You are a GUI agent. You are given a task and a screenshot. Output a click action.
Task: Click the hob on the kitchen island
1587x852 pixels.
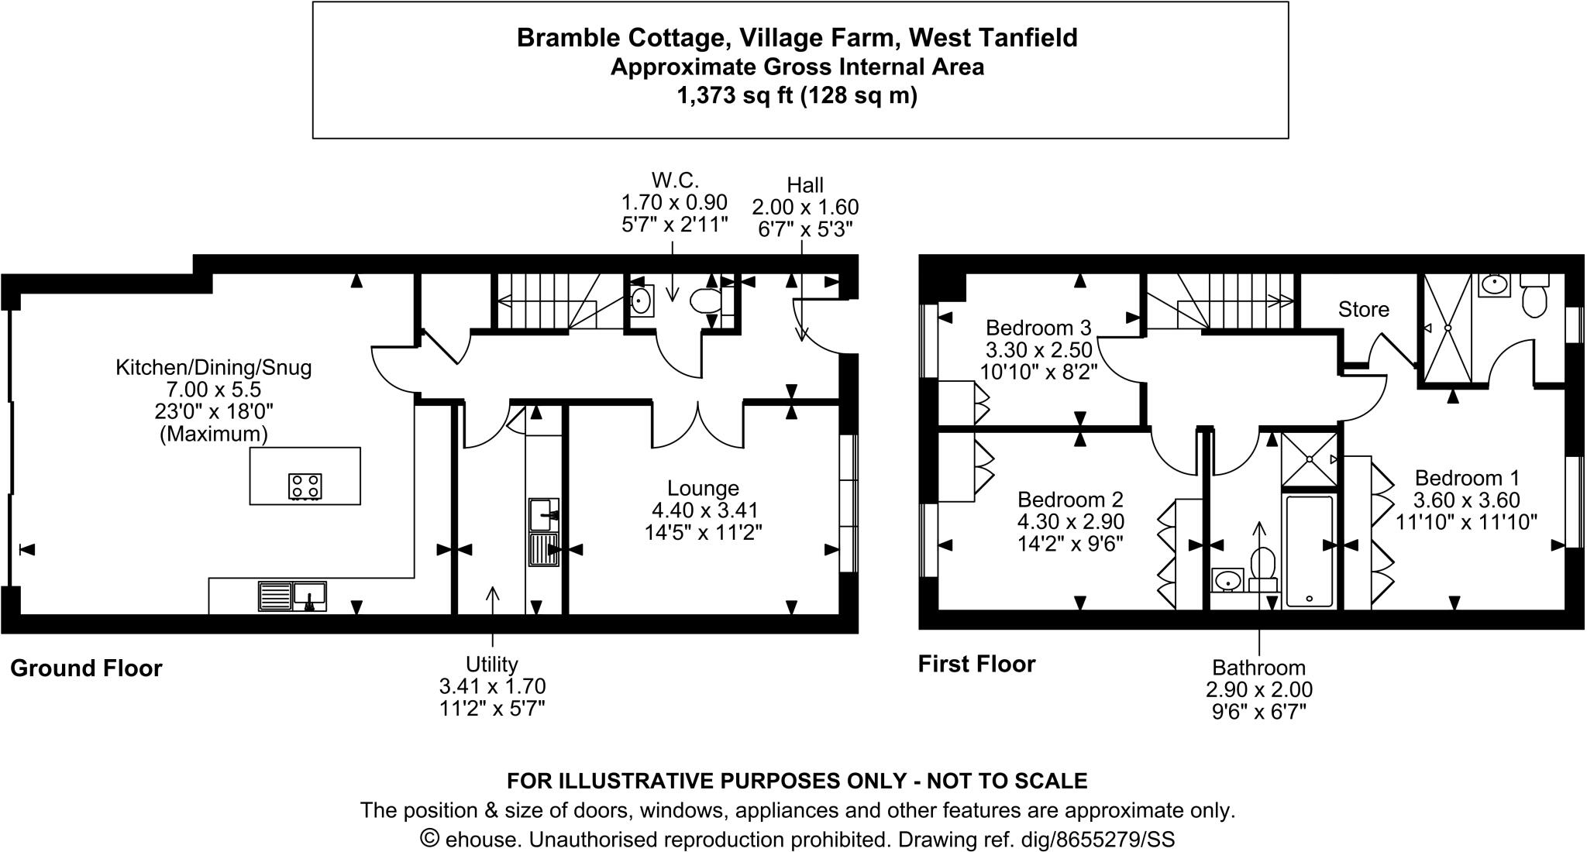[305, 486]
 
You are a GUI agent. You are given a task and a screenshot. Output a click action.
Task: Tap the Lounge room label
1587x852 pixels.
[703, 488]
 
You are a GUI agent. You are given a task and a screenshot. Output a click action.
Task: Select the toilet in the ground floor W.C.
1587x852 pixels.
[706, 301]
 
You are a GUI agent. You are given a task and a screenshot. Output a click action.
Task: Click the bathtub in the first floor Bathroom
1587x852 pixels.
[1309, 551]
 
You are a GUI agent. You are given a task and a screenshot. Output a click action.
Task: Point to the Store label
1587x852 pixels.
[1363, 310]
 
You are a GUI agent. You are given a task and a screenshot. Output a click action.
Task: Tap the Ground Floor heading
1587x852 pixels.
[86, 668]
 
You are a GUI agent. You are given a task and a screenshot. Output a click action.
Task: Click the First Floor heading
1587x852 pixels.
[976, 665]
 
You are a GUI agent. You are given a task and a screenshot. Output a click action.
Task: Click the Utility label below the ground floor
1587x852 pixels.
[491, 664]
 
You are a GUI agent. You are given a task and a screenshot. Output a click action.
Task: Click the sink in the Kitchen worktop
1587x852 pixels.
[309, 596]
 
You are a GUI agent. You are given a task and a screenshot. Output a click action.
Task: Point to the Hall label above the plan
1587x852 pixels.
[804, 185]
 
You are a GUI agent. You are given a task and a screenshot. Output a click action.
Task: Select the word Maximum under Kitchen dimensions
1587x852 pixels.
[213, 434]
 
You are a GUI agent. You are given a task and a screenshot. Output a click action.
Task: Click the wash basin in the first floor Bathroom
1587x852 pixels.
[1227, 579]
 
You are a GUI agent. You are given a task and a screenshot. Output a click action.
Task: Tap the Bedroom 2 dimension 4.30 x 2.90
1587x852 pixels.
[1070, 522]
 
